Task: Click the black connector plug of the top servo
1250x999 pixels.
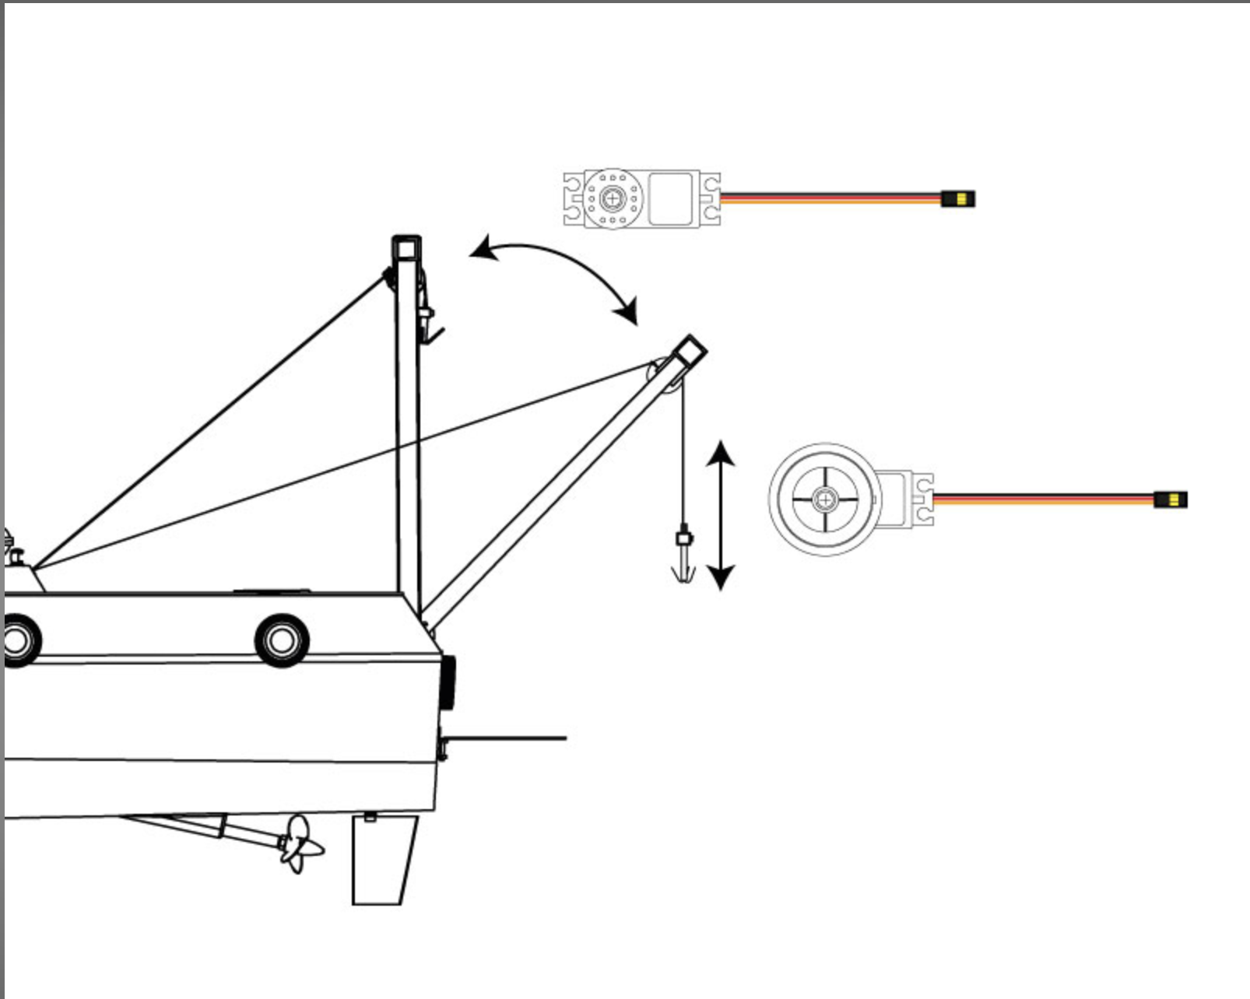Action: (958, 199)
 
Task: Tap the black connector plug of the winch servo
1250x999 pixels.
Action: (1170, 499)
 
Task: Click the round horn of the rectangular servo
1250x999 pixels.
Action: (613, 199)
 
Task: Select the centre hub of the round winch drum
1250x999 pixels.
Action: (824, 499)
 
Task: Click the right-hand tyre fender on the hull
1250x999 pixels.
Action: (282, 640)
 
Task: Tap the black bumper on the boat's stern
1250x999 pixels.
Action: (448, 682)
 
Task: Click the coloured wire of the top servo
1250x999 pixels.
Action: (830, 199)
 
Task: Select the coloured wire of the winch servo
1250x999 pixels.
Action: (1043, 499)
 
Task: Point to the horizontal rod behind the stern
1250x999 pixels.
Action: (506, 738)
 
